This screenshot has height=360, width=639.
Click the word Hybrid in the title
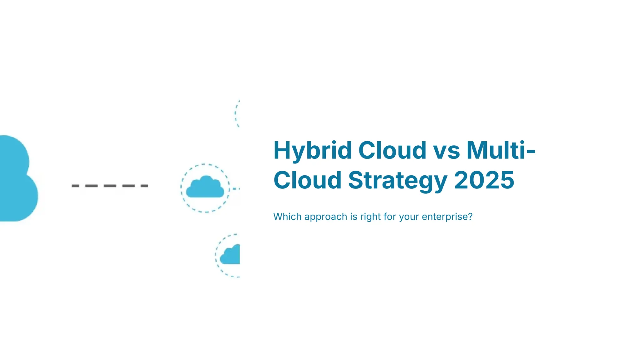(312, 151)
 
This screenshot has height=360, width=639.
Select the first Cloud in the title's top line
(392, 150)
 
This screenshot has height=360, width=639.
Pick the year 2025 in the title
(484, 180)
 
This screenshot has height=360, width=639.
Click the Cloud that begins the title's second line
(307, 180)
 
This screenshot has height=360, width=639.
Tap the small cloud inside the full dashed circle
(205, 187)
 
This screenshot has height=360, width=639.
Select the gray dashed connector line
(110, 186)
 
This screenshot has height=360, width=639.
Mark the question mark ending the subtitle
(470, 216)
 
